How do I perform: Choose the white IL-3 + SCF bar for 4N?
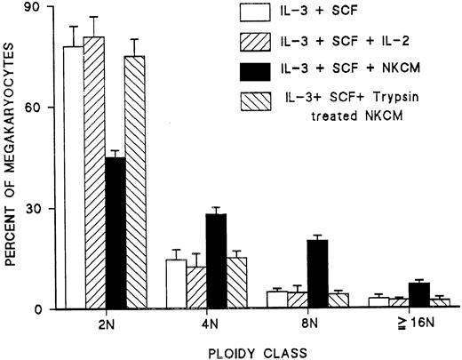tap(176, 284)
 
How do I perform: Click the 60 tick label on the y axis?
tap(36, 108)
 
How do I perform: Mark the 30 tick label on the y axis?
tap(36, 209)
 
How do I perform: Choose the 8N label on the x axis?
tap(309, 324)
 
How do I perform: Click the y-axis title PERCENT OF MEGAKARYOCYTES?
tap(9, 160)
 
